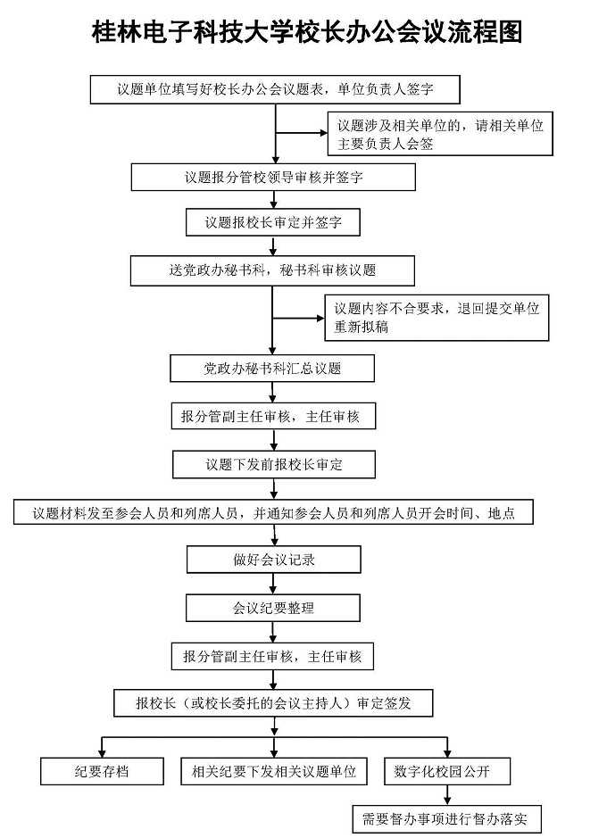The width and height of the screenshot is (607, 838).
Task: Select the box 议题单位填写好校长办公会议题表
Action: coord(275,89)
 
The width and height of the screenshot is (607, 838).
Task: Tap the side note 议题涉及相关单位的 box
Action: coord(437,134)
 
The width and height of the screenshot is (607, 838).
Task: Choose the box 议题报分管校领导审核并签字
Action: coord(273,177)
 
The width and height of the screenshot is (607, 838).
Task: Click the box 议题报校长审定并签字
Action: coord(273,222)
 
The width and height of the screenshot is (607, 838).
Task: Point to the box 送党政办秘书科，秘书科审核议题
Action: coord(273,270)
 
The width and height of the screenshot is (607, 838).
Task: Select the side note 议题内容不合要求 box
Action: coord(437,318)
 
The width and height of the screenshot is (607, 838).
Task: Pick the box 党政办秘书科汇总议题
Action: coord(273,368)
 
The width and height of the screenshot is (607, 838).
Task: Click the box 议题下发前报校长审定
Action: coord(273,464)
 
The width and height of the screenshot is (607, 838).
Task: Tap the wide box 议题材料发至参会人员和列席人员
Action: coord(273,512)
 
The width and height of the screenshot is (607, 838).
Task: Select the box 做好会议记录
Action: coord(273,560)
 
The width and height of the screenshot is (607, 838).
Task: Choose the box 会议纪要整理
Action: coord(273,608)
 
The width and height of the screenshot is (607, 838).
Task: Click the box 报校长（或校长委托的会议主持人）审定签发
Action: coord(273,702)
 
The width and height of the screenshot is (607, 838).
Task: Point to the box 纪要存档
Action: coord(102,771)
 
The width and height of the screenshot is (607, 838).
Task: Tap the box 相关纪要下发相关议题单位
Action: coord(273,771)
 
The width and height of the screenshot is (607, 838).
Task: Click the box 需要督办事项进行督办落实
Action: coord(446,818)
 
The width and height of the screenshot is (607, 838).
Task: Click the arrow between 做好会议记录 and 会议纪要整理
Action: coord(273,584)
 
